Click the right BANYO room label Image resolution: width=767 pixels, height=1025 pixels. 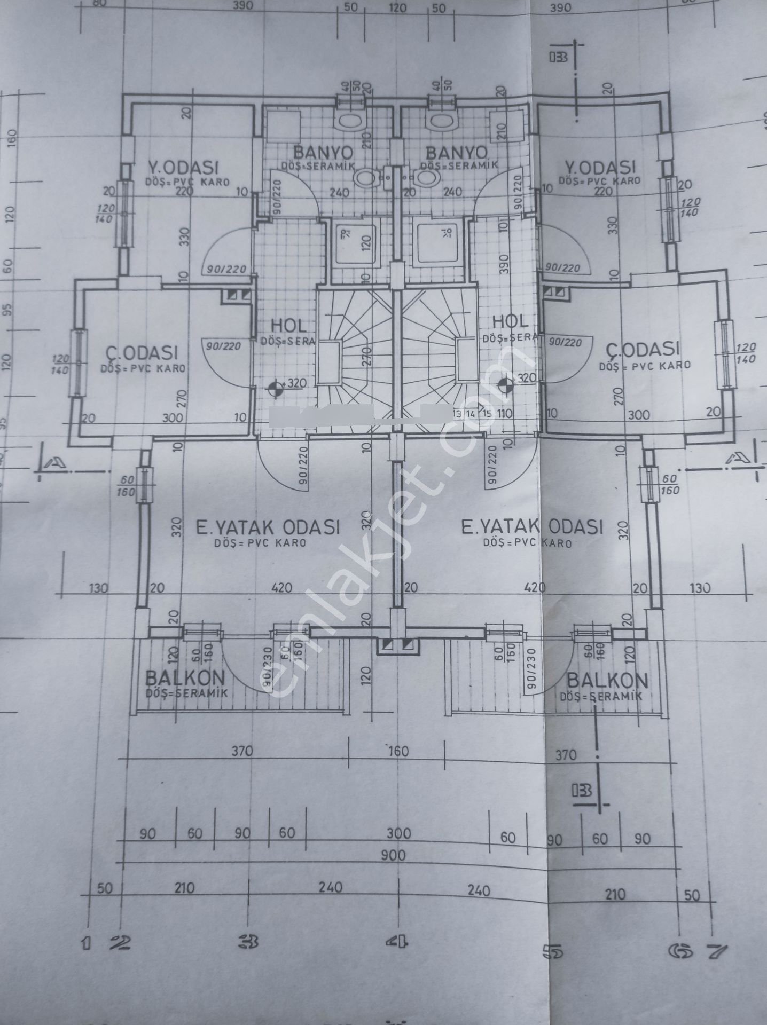click(456, 153)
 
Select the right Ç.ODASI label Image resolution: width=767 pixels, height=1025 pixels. click(643, 350)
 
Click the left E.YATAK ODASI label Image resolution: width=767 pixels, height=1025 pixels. click(268, 527)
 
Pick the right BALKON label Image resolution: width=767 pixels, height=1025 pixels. click(607, 681)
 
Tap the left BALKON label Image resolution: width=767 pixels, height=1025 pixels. click(185, 679)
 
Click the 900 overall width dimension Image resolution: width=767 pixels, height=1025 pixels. click(394, 854)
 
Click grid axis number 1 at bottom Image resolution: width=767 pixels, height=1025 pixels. click(86, 944)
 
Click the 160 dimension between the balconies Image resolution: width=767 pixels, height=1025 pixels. click(398, 751)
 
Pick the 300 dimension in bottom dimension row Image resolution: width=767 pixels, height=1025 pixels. click(399, 833)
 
